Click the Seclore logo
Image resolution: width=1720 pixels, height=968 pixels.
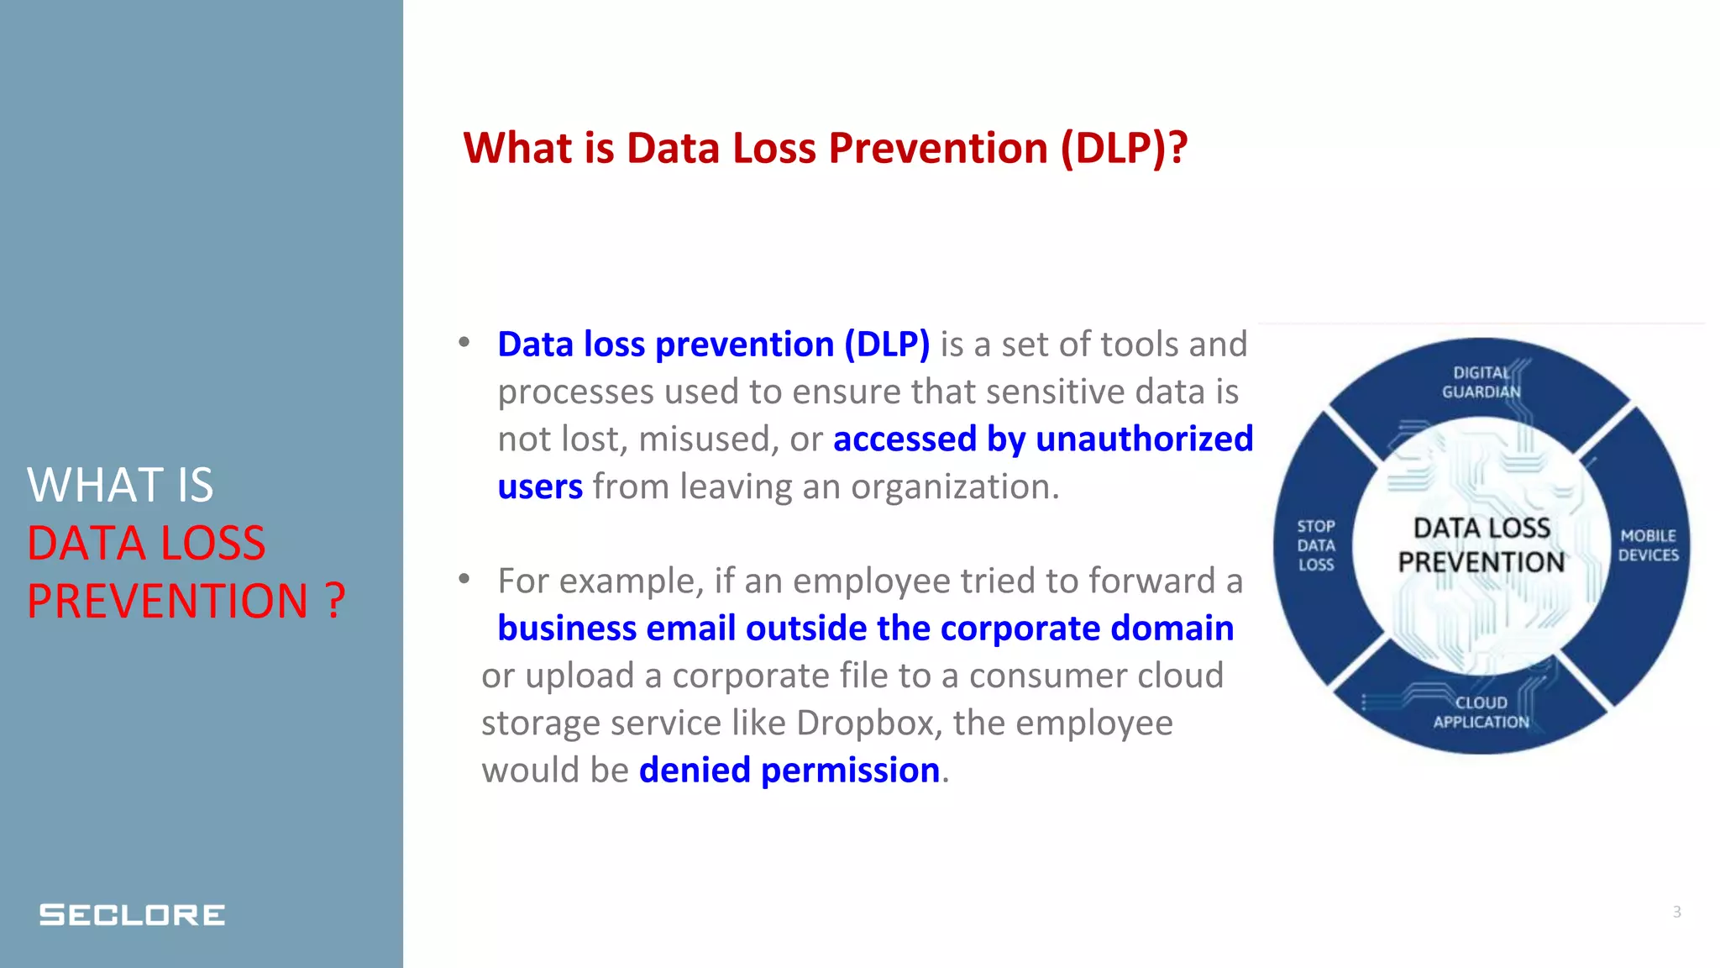[132, 914]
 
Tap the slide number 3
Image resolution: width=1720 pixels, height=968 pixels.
[1676, 912]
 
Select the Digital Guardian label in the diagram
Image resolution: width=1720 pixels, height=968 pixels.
[1481, 382]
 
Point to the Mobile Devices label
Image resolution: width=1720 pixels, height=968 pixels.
[1648, 545]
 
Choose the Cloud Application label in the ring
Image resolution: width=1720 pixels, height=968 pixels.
[1481, 712]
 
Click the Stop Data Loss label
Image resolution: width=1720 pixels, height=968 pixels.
[1315, 545]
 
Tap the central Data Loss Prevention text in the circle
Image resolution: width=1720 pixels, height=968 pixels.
[1481, 545]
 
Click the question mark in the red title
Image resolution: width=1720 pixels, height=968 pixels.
[1177, 148]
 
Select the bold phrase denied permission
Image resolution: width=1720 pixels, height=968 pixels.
[789, 771]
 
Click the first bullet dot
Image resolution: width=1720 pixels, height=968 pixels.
[464, 343]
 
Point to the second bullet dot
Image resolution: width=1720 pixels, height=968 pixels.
[464, 579]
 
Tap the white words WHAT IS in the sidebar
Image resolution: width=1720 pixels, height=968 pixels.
[120, 485]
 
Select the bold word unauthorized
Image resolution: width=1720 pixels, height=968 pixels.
[1144, 439]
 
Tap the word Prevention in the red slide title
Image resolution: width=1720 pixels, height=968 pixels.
[938, 148]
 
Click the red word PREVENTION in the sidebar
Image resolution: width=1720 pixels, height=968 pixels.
[168, 601]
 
